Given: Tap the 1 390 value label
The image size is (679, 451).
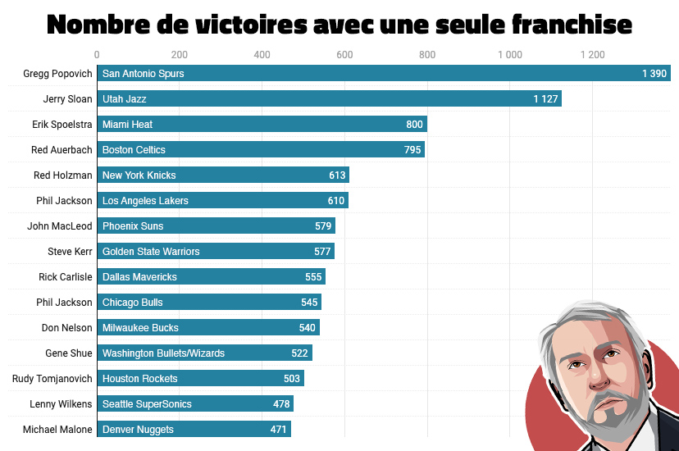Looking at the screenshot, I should click(654, 74).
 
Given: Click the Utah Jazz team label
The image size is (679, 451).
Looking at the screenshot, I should click(125, 99).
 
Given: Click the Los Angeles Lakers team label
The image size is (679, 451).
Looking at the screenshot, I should click(145, 201).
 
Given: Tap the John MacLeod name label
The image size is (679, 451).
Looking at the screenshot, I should click(60, 226).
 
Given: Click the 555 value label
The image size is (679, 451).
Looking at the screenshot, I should click(313, 277).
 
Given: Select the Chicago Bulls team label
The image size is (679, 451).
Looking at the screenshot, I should click(133, 303).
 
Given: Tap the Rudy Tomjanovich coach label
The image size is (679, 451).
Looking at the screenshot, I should click(52, 379).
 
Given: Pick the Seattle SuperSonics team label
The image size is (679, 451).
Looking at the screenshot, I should click(147, 404).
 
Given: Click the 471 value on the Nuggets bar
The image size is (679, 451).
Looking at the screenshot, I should click(279, 430).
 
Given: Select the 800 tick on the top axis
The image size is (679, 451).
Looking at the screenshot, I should click(427, 55).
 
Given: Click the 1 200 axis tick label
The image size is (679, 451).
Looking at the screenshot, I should click(592, 55).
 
